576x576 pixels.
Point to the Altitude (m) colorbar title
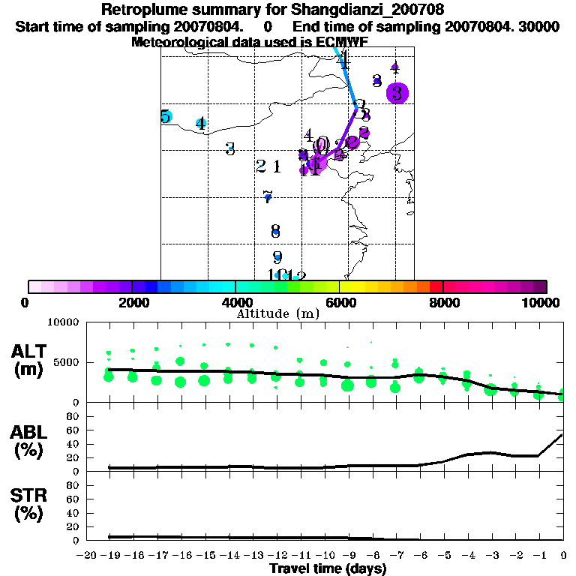coord(277,313)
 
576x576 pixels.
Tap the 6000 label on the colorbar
coord(340,302)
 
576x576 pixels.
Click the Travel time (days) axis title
coord(328,569)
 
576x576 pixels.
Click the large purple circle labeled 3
coord(397,93)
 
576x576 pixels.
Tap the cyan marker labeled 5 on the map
coord(166,117)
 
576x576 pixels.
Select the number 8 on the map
coord(275,231)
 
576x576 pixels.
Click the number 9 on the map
coord(277,257)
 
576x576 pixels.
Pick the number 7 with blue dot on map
coord(267,197)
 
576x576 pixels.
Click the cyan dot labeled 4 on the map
coord(201,124)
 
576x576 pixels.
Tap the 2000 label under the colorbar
coord(132,302)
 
